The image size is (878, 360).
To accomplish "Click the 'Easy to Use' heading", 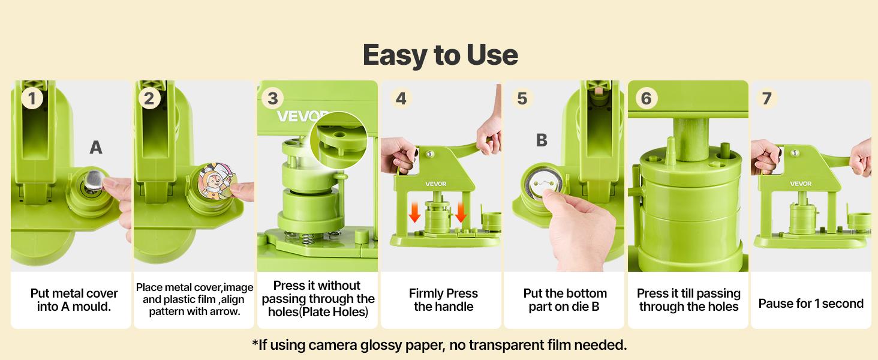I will (x=440, y=55).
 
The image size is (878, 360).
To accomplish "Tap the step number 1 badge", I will (x=32, y=98).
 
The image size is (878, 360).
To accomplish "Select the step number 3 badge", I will (x=273, y=98).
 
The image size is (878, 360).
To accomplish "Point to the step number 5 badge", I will (x=522, y=98).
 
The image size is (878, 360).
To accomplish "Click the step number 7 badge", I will (x=766, y=98).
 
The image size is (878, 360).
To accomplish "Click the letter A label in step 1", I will (x=96, y=147).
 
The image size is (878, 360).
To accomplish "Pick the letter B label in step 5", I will (x=542, y=140).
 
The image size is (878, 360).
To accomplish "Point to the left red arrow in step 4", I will (x=414, y=212).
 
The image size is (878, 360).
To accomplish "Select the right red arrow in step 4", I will (x=461, y=212).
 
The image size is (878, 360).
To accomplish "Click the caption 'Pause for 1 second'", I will (x=811, y=304).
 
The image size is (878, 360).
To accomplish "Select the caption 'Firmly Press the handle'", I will (x=443, y=300).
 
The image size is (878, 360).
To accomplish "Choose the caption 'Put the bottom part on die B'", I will (x=565, y=300).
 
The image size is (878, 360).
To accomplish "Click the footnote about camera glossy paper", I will (x=439, y=345).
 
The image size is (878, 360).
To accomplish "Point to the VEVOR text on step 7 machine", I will (x=801, y=184).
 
